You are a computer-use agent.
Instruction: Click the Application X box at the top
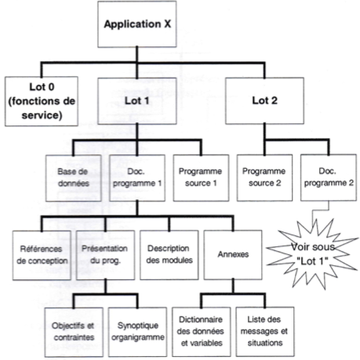point(137,24)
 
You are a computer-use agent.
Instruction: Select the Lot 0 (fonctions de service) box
point(42,101)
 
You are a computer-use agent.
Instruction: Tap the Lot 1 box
point(137,101)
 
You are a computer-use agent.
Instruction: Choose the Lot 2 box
point(264,100)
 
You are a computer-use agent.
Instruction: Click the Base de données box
point(74,178)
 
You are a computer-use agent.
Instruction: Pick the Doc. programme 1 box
point(137,178)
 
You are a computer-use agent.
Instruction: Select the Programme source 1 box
point(201,178)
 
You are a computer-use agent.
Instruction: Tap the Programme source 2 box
point(264,178)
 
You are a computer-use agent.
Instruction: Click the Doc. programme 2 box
point(329,178)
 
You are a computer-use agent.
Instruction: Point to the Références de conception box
point(42,255)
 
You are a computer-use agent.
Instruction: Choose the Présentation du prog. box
point(105,255)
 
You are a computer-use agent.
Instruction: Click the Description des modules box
point(169,255)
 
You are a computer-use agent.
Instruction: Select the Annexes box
point(233,255)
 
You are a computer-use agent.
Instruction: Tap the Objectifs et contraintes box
point(74,332)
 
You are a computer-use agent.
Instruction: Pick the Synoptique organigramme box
point(137,332)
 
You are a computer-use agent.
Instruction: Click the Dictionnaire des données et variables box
point(202,332)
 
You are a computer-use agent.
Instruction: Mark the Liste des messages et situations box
point(265,332)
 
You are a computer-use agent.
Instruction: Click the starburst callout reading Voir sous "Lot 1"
point(312,254)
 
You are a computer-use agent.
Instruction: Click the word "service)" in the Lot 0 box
point(42,115)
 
